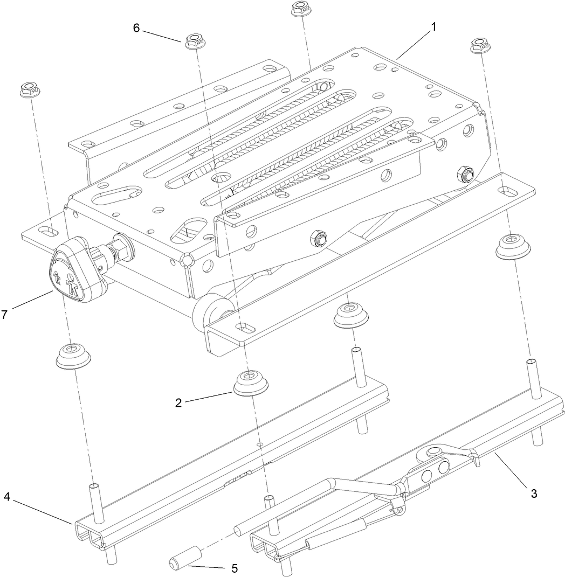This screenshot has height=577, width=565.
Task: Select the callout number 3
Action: pos(534,492)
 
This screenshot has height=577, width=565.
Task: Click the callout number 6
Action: pos(136,28)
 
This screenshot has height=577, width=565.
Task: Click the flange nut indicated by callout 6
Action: pos(194,41)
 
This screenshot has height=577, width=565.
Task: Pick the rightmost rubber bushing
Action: pos(513,245)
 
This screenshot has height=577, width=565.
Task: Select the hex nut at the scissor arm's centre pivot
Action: pos(319,238)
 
